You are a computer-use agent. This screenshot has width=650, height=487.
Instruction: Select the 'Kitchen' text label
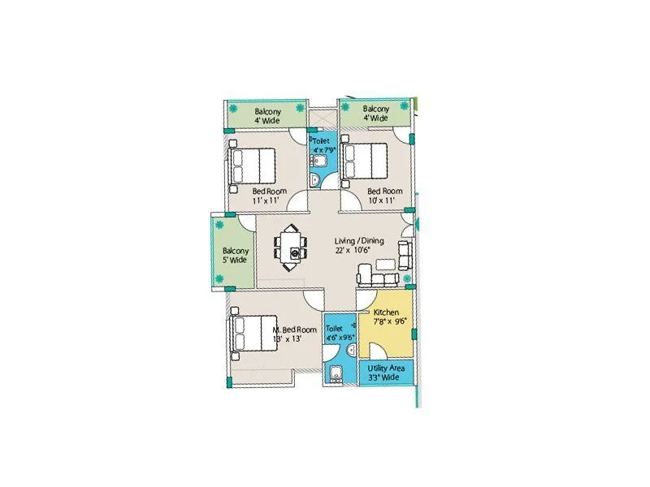click(x=386, y=312)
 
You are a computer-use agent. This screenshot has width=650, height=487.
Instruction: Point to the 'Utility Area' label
click(x=386, y=368)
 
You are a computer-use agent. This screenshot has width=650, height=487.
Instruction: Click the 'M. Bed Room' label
click(x=294, y=330)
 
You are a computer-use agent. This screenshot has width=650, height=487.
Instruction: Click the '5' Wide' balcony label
click(x=234, y=261)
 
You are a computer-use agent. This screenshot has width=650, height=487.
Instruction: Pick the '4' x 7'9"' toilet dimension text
click(x=322, y=150)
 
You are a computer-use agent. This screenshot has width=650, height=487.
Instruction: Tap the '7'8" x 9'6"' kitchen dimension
click(x=390, y=321)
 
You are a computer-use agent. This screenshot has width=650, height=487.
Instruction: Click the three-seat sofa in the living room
click(x=379, y=279)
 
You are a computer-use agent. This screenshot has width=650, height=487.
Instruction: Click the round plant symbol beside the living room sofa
click(x=407, y=278)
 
